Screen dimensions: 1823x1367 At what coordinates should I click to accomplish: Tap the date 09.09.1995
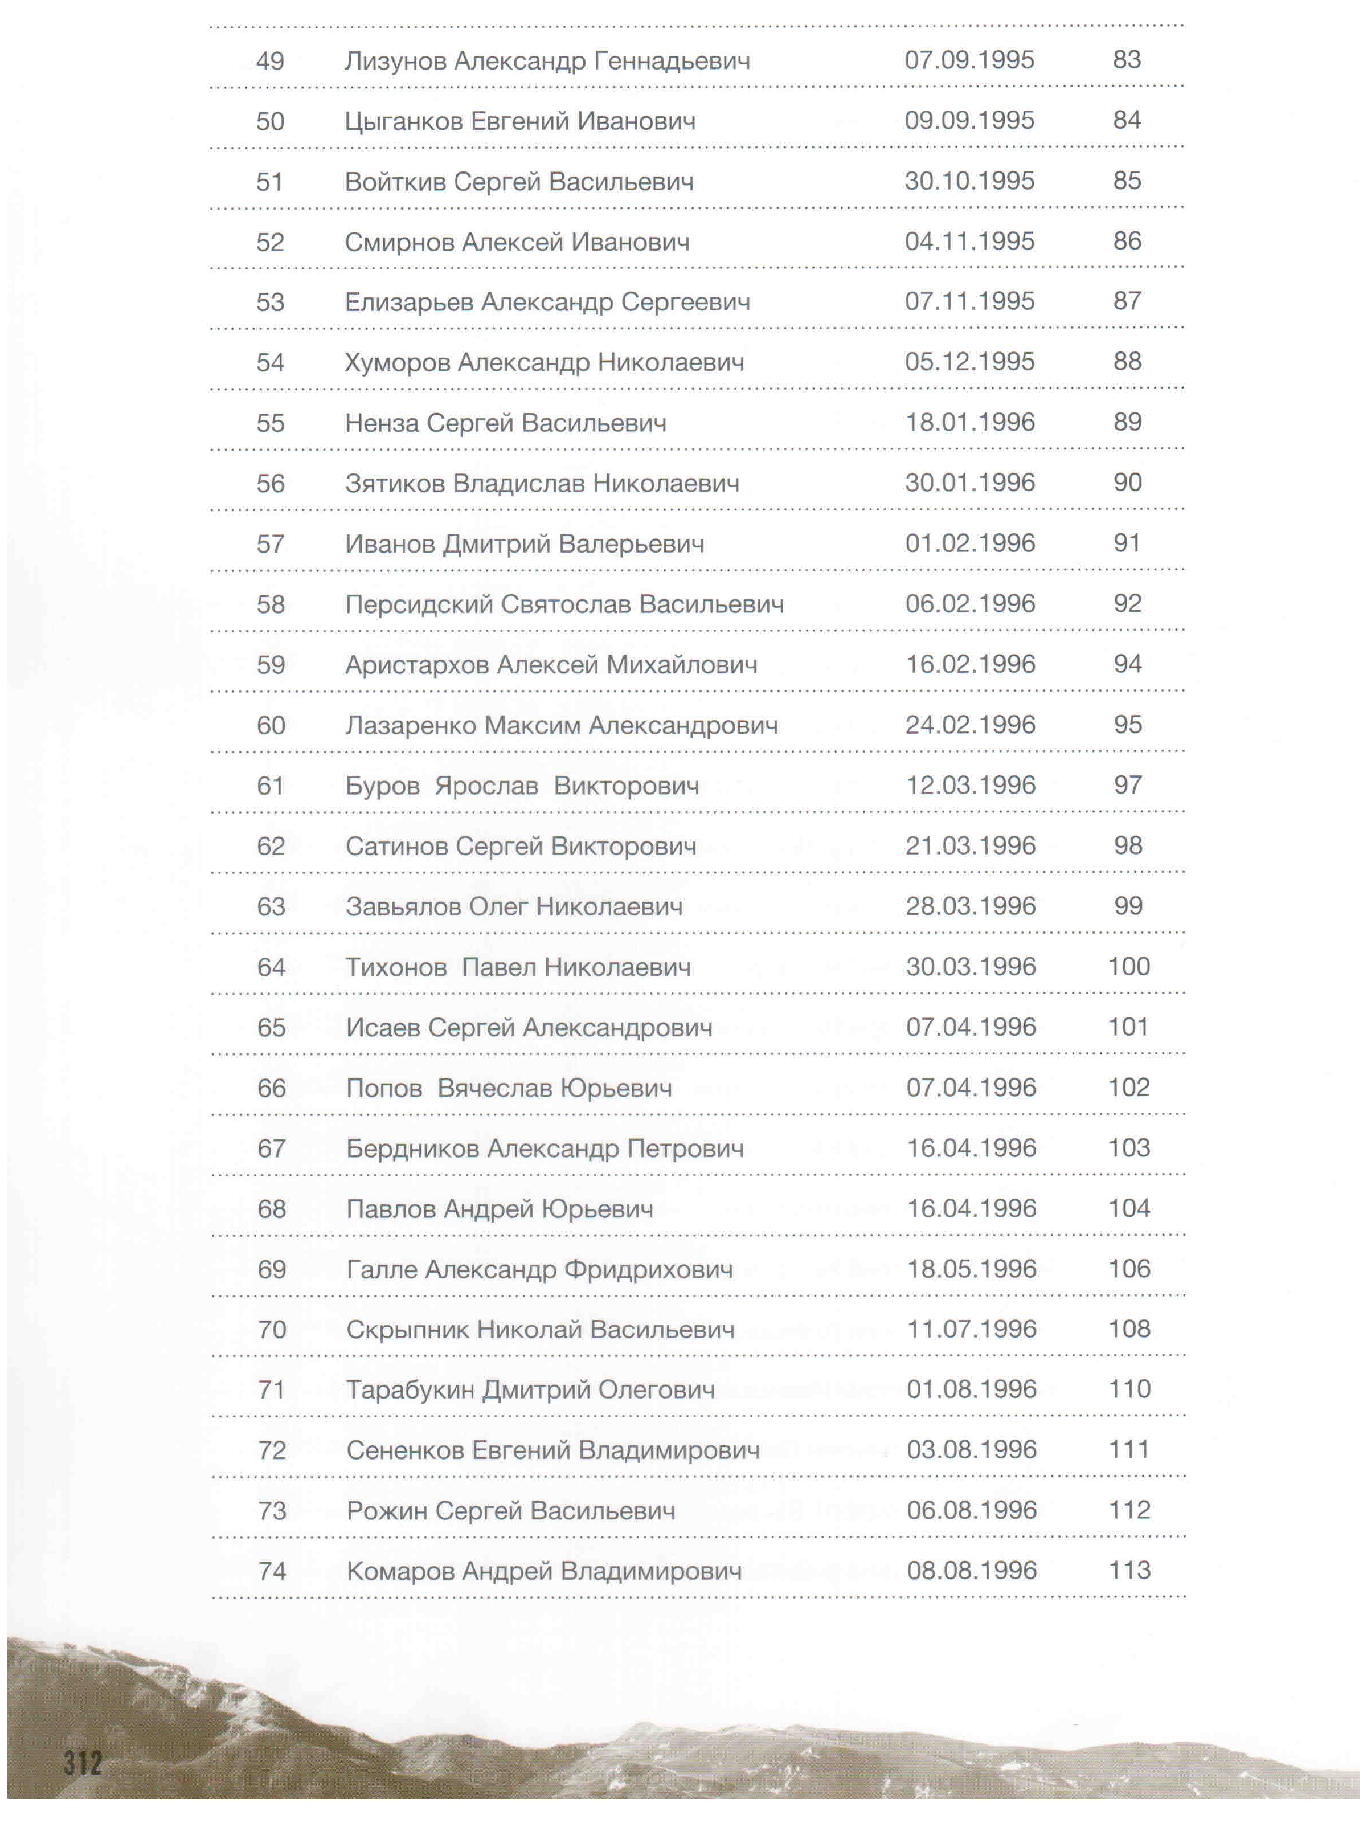tap(969, 120)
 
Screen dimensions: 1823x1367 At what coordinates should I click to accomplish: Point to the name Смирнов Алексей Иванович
tap(517, 242)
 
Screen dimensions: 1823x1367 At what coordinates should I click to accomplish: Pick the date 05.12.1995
tap(969, 362)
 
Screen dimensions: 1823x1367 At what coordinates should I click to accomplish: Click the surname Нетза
tap(382, 423)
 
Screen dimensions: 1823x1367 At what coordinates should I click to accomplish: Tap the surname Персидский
tap(419, 604)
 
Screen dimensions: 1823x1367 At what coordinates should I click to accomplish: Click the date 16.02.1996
tap(971, 664)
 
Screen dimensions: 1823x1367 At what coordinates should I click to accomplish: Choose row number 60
tap(271, 725)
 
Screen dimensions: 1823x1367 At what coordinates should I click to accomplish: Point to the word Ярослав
tap(486, 786)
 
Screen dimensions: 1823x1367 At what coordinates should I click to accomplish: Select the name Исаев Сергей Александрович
tap(529, 1028)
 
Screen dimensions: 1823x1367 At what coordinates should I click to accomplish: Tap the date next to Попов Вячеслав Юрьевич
tap(971, 1088)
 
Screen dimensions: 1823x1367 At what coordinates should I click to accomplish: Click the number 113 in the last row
tap(1129, 1570)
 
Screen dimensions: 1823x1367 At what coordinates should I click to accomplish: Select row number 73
tap(271, 1511)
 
